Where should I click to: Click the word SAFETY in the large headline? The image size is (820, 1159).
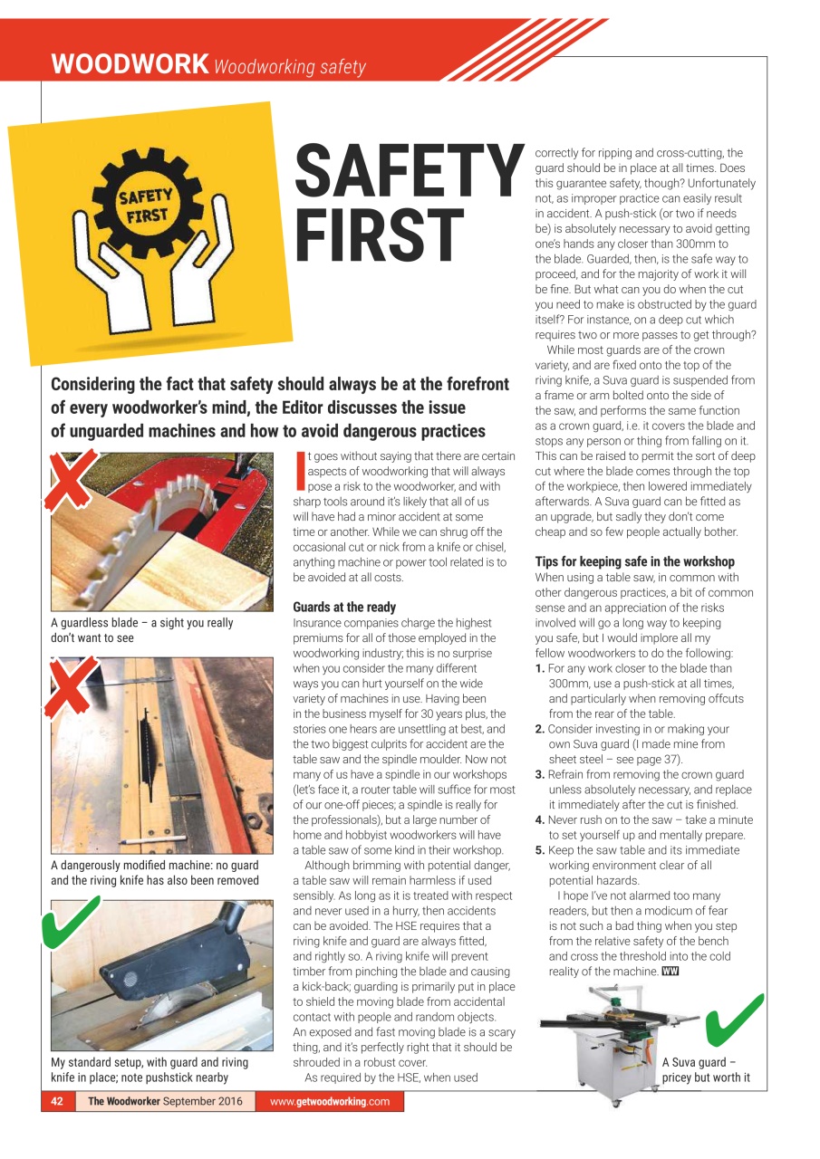(x=409, y=173)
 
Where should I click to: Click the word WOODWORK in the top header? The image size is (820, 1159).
(x=130, y=65)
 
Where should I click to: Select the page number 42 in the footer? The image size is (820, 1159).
(x=57, y=1101)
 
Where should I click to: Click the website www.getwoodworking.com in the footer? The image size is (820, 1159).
(x=330, y=1101)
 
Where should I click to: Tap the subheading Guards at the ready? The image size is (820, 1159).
(x=344, y=608)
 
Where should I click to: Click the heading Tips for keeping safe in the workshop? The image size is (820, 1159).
(x=634, y=561)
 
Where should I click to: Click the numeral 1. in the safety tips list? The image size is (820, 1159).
(x=541, y=668)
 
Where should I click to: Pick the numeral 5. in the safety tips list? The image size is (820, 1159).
(x=541, y=850)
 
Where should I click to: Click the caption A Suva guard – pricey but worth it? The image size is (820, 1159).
(x=706, y=1070)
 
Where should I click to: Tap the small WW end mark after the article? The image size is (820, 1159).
(x=670, y=972)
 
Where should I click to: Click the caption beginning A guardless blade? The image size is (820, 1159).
(x=141, y=630)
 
